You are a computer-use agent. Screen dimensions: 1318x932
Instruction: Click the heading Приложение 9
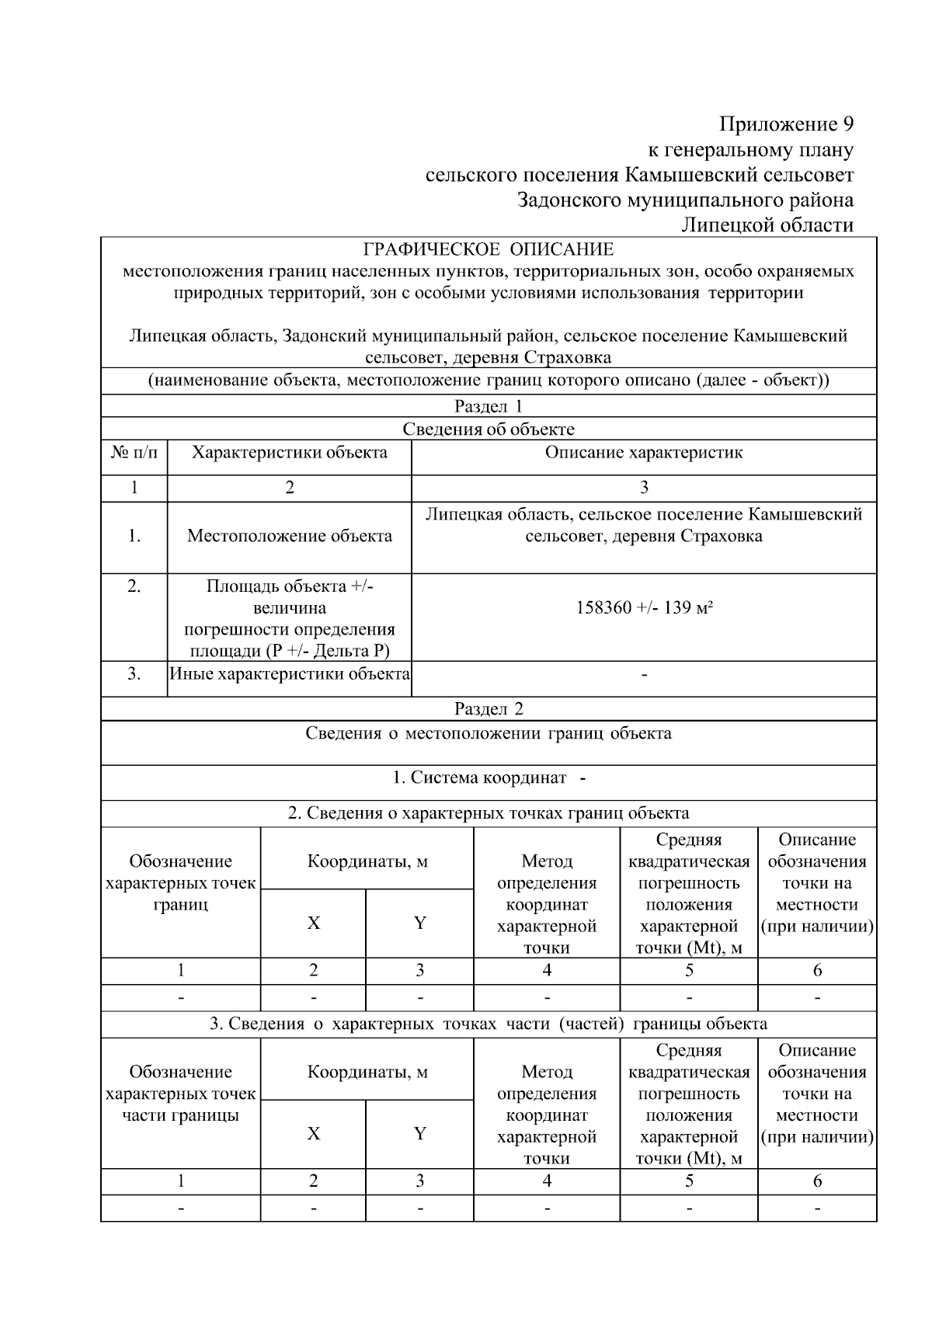click(x=786, y=124)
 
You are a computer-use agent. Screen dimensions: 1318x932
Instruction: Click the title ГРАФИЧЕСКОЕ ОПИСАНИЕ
click(x=489, y=249)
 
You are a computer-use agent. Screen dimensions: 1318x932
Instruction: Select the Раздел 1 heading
click(x=489, y=406)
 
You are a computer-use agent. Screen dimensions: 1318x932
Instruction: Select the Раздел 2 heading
click(x=489, y=708)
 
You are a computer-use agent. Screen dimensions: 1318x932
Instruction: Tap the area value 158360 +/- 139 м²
click(x=644, y=607)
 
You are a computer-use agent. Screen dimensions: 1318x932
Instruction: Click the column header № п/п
click(x=134, y=453)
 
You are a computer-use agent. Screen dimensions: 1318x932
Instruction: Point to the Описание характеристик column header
click(x=644, y=453)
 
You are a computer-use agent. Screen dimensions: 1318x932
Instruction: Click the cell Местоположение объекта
click(x=289, y=536)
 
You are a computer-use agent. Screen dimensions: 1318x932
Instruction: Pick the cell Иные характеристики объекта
click(x=289, y=674)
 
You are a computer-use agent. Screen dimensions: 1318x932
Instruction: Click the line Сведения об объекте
click(x=489, y=429)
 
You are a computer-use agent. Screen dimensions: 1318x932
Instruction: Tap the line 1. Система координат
click(x=489, y=777)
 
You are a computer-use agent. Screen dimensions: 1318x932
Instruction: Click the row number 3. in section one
click(x=134, y=674)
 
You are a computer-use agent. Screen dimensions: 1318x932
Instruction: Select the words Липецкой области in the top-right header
click(x=767, y=225)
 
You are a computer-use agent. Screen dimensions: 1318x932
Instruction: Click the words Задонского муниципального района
click(x=685, y=200)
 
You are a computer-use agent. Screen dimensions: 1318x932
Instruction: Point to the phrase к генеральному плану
click(x=750, y=150)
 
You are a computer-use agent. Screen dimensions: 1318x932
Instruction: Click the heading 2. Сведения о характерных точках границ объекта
click(x=489, y=813)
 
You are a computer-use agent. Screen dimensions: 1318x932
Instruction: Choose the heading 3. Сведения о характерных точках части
click(x=489, y=1024)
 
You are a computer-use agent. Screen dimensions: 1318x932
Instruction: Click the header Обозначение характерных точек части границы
click(x=180, y=1094)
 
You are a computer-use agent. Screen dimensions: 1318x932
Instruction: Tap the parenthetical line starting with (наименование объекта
click(x=489, y=381)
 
